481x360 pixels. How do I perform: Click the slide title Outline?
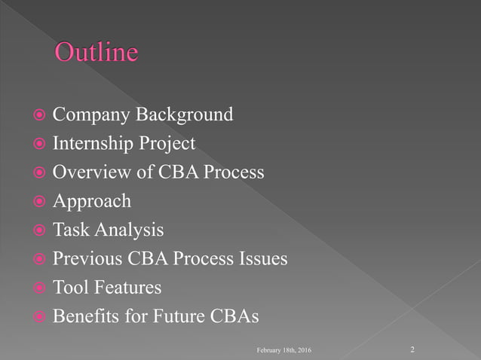pos(97,52)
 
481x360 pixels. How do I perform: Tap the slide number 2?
pos(413,349)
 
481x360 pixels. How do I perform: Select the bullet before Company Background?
pos(38,116)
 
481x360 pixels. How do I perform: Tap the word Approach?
pos(91,202)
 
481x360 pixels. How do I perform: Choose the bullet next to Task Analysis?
pos(38,230)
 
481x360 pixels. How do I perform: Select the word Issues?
pos(261,259)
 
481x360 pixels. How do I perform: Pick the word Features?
pos(127,288)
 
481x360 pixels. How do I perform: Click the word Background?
pos(184,115)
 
